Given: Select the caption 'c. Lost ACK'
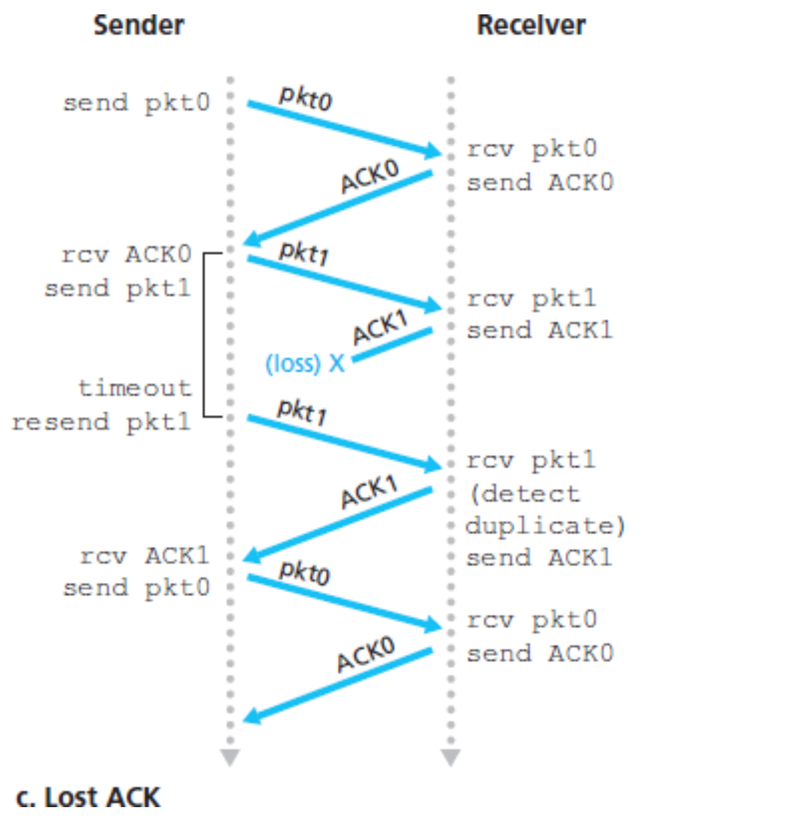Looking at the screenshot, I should pos(88,798).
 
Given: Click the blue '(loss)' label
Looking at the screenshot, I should pos(293,363).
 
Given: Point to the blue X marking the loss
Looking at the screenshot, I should pos(337,363).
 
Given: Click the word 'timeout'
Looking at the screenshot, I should pos(135,388).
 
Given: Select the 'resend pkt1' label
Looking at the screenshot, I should pos(101,422).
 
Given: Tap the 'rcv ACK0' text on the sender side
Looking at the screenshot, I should pos(126,255).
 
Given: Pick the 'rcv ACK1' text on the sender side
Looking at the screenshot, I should pos(144,556).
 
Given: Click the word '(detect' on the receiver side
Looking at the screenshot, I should pos(524,494).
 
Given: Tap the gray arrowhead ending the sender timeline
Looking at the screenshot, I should pos(230,757).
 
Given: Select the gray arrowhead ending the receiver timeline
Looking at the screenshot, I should pos(450,757).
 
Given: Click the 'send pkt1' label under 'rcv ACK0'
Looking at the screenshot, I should pos(118,289).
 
